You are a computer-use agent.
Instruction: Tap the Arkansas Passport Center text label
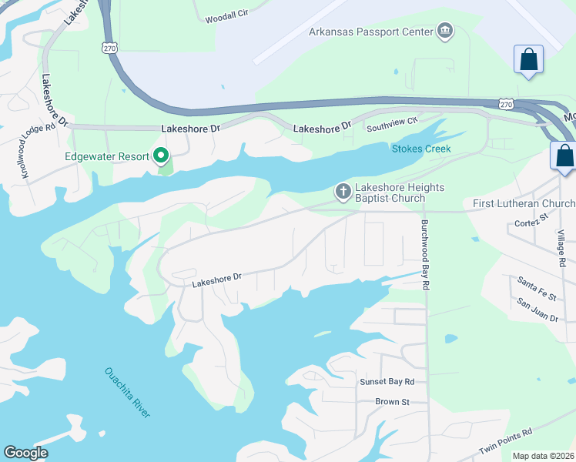click(370, 32)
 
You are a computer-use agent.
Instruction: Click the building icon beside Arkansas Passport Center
click(444, 32)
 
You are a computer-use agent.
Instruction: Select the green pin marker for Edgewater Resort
click(161, 156)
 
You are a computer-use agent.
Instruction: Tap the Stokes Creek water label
click(420, 149)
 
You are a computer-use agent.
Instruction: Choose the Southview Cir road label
click(391, 121)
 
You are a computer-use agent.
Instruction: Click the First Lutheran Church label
click(524, 203)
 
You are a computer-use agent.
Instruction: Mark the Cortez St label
click(530, 225)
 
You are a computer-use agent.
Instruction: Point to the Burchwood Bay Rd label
click(424, 256)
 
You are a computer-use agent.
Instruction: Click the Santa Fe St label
click(537, 283)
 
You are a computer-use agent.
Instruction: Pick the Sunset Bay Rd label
click(387, 382)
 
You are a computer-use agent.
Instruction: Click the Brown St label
click(392, 402)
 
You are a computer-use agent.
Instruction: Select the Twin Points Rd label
click(505, 442)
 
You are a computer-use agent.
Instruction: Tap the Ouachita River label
click(127, 393)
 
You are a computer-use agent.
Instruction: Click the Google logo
click(25, 453)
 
